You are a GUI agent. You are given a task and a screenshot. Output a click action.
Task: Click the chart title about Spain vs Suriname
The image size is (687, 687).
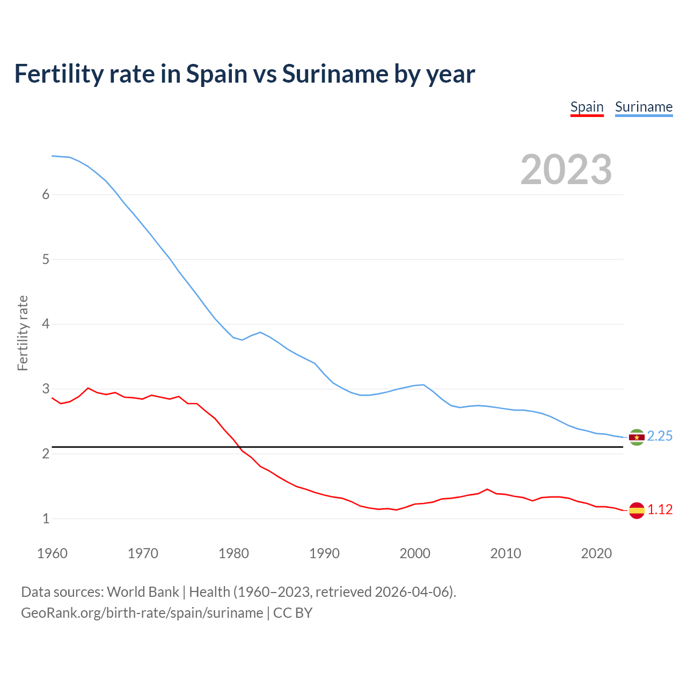point(244,74)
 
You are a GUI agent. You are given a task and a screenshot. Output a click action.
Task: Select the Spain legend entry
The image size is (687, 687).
point(587,107)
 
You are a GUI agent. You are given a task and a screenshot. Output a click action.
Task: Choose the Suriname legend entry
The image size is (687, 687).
point(644,107)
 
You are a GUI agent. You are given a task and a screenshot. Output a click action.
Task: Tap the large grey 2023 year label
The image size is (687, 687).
point(566,170)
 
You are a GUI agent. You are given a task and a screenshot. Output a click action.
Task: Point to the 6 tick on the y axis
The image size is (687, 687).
point(46,195)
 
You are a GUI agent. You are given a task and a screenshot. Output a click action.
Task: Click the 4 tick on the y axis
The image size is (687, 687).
point(46,324)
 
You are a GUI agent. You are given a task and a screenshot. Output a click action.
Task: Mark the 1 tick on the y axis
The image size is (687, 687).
point(46,519)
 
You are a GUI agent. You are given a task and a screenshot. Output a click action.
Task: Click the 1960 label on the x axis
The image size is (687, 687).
point(52,553)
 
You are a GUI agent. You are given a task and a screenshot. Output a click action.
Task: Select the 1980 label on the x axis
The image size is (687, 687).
point(233,553)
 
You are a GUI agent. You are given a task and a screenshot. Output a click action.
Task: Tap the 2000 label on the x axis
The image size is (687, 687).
point(415,553)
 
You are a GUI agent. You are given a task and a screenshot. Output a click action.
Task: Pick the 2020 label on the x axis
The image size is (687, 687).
point(596,553)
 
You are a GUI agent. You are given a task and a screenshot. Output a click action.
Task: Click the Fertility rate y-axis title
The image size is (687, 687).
point(23,333)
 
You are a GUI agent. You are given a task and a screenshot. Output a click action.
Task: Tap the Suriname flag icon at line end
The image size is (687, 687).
point(637,437)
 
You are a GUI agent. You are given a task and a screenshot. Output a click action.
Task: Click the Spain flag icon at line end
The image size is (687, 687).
point(637,510)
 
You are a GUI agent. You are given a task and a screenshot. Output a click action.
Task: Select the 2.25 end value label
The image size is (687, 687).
point(660,436)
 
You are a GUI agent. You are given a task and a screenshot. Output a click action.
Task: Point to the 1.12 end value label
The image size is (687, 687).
point(660,510)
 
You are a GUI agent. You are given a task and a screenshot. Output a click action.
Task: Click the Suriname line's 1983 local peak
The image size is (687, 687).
point(260,332)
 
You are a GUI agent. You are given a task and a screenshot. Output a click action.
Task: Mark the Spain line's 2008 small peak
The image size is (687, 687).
point(487,489)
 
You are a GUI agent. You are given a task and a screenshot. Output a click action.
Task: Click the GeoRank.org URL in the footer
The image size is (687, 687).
point(142,613)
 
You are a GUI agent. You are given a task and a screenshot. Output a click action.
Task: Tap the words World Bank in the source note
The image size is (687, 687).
point(143,592)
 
